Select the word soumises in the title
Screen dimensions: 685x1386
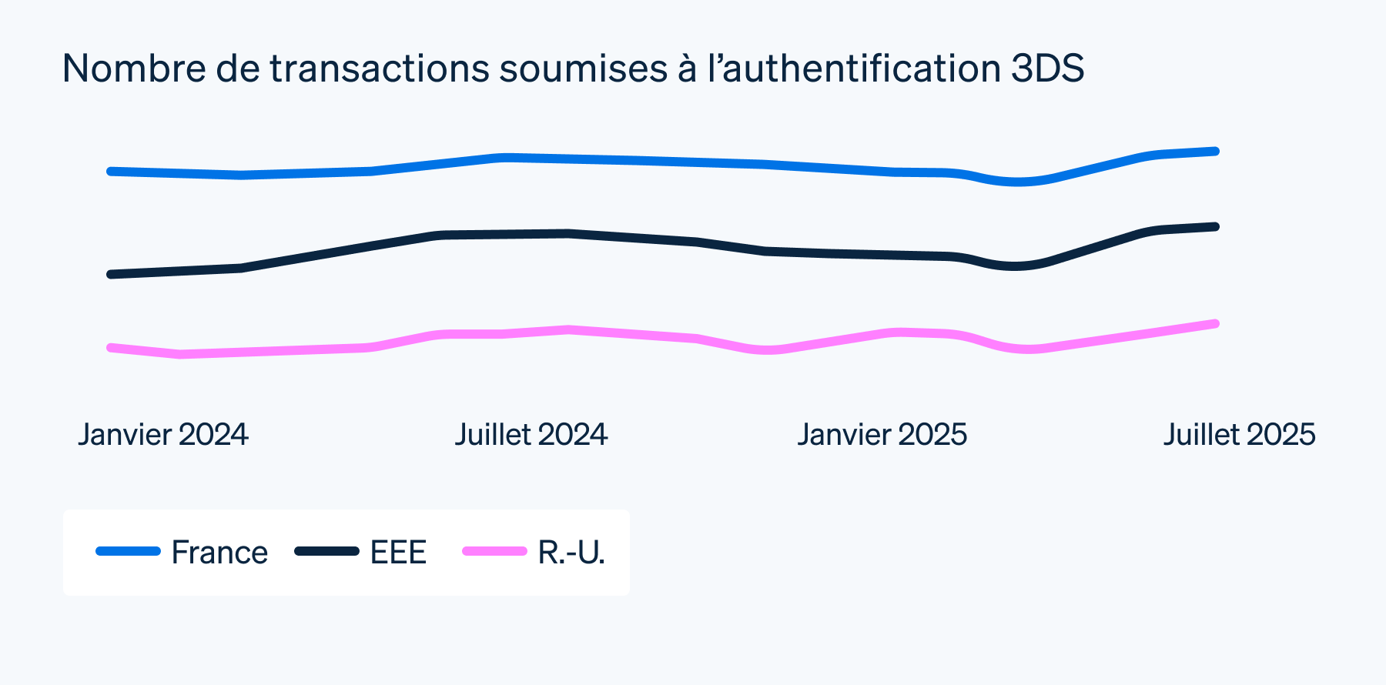coord(583,68)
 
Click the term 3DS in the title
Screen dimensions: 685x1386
coord(1047,68)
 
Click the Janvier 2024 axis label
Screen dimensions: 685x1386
coord(163,435)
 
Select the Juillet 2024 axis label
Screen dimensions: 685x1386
coord(531,435)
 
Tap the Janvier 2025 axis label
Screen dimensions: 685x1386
coord(882,435)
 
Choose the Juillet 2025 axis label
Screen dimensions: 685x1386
coord(1239,435)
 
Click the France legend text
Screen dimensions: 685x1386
coord(219,553)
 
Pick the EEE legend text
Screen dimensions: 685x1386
coord(398,553)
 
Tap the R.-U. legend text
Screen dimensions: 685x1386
coord(571,553)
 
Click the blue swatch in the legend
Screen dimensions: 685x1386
coord(128,551)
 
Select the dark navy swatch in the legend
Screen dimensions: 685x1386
coord(327,551)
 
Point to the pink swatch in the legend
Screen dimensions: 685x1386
coord(494,551)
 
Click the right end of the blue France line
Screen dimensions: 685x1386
coord(1215,152)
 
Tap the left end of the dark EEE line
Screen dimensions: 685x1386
coord(112,274)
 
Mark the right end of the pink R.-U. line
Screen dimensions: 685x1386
coord(1215,324)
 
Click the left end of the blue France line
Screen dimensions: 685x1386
coord(112,171)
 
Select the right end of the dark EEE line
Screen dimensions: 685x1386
coord(1215,227)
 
